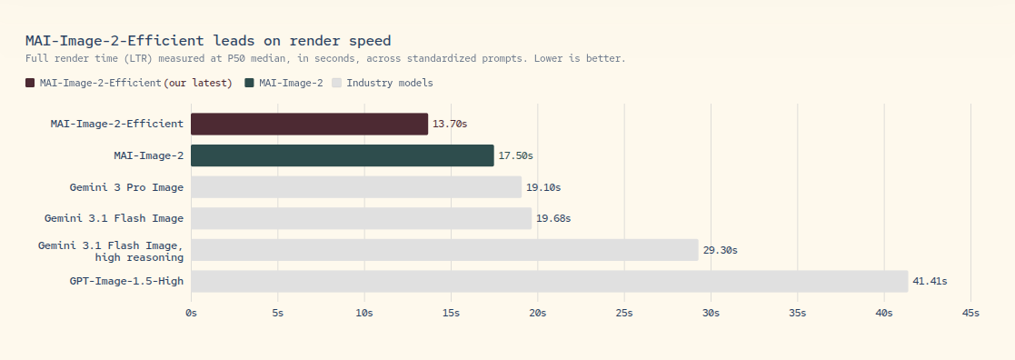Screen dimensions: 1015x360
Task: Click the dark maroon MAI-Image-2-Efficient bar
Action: pyautogui.click(x=310, y=125)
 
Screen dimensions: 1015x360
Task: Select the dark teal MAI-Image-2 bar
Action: pyautogui.click(x=343, y=155)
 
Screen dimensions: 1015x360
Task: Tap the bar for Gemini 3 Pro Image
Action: pyautogui.click(x=356, y=187)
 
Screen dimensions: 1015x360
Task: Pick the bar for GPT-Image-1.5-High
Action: pyautogui.click(x=550, y=281)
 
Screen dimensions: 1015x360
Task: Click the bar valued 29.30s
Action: pyautogui.click(x=444, y=250)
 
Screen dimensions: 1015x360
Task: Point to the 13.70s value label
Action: pyautogui.click(x=450, y=125)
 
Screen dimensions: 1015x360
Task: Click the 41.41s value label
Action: pyautogui.click(x=930, y=281)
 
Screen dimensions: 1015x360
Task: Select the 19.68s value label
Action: pyautogui.click(x=553, y=219)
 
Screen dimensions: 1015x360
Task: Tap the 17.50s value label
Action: pyautogui.click(x=515, y=156)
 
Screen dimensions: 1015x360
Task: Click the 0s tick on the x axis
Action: pyautogui.click(x=191, y=314)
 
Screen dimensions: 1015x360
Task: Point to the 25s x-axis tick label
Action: pyautogui.click(x=624, y=314)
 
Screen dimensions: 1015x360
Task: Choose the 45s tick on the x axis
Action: pyautogui.click(x=971, y=314)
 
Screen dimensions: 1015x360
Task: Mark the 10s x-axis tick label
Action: pyautogui.click(x=364, y=314)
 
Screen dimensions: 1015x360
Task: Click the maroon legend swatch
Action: pyautogui.click(x=30, y=83)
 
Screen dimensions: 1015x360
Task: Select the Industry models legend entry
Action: pyautogui.click(x=383, y=83)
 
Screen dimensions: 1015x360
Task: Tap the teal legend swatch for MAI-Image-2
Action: pyautogui.click(x=249, y=83)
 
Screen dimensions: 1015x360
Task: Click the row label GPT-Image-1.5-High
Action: pyautogui.click(x=127, y=281)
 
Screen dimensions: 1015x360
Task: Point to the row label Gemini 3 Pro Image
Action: pyautogui.click(x=127, y=187)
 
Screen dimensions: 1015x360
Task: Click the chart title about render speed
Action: pyautogui.click(x=208, y=41)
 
